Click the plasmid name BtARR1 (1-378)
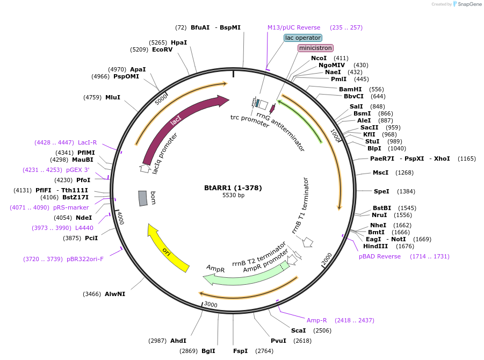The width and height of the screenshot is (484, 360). click(233, 188)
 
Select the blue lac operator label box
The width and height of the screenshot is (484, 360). click(303, 38)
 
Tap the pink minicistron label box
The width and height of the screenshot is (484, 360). click(315, 48)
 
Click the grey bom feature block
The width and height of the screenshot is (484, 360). click(143, 198)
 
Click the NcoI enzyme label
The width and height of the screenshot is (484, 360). click(319, 58)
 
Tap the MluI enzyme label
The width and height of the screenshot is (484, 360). click(113, 97)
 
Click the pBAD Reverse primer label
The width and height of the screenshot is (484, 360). click(380, 256)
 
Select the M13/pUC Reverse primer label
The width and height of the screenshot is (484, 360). click(294, 27)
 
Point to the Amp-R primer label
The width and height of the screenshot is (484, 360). click(316, 320)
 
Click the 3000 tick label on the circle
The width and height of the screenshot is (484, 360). click(210, 305)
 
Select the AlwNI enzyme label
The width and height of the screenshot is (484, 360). click(114, 294)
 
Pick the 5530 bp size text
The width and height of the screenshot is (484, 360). click(233, 195)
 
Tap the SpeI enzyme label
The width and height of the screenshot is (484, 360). click(381, 191)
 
